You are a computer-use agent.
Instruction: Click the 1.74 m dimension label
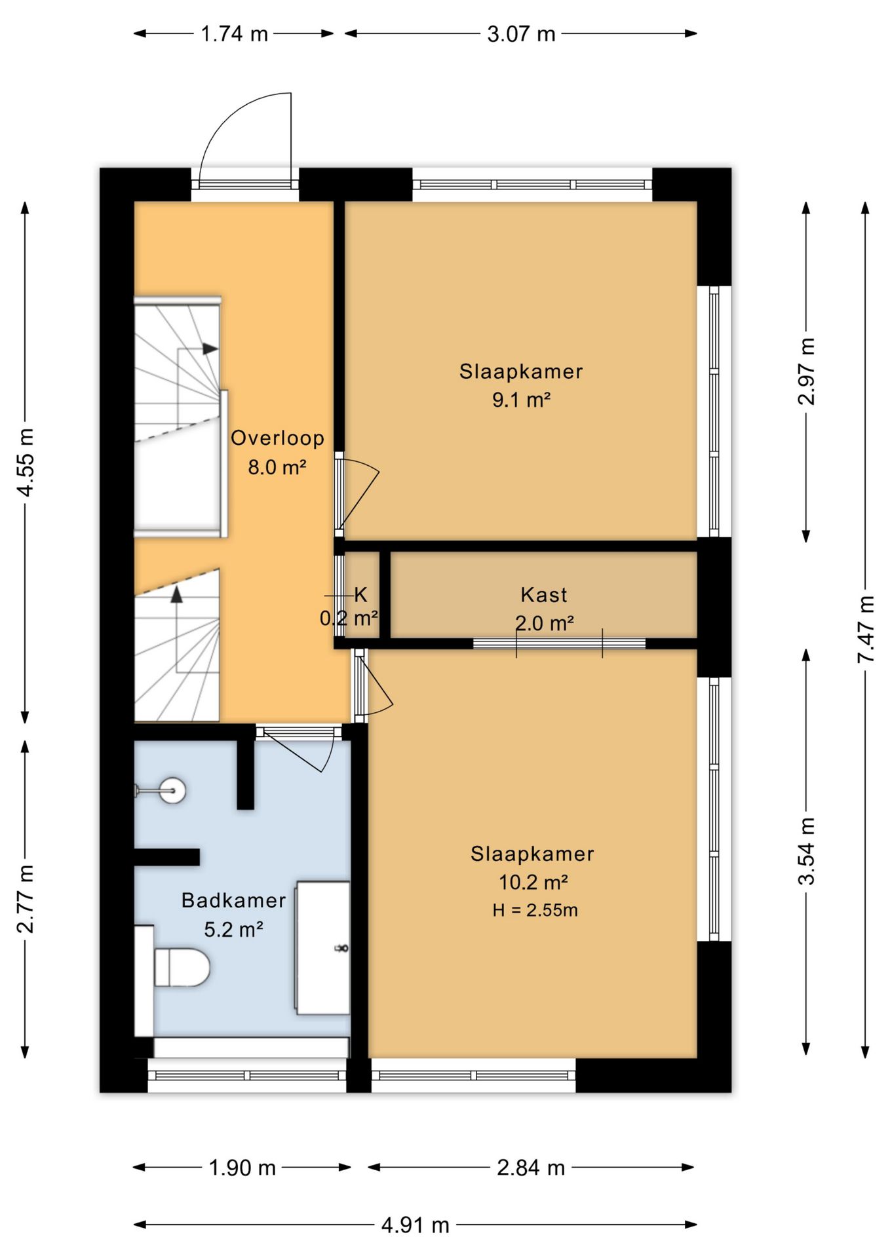234,33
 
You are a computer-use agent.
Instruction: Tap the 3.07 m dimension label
521,33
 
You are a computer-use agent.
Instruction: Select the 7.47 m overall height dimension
866,629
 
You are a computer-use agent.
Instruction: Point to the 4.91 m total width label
416,1225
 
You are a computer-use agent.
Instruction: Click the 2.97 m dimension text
807,372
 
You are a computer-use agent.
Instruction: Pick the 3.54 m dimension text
807,851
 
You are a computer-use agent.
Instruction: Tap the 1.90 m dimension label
242,1167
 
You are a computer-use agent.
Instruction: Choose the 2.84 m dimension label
531,1167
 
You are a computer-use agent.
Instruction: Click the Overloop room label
277,438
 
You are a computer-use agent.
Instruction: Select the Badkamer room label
233,900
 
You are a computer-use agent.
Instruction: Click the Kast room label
544,595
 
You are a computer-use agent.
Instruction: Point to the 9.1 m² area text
521,399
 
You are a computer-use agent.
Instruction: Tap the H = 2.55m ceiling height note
535,910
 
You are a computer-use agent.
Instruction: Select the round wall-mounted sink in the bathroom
172,790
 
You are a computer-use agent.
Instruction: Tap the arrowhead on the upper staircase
210,349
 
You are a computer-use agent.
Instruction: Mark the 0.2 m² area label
349,619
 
